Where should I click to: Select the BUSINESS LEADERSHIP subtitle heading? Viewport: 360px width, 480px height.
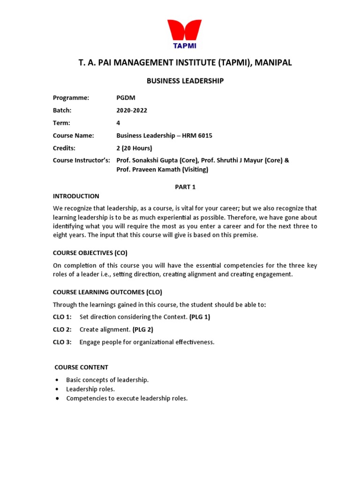(185, 81)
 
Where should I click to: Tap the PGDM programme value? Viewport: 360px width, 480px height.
(125, 97)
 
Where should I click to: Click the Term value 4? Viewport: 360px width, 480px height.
(118, 123)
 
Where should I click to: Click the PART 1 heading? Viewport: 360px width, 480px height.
(185, 187)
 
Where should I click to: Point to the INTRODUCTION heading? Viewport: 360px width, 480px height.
(76, 196)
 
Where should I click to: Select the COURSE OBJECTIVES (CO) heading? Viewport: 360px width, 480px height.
(90, 253)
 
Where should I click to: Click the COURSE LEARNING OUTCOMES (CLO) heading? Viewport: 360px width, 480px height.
(107, 292)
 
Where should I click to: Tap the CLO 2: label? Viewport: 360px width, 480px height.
(62, 330)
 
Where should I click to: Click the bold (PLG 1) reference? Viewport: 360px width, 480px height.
(200, 317)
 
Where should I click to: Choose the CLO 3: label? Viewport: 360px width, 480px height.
(62, 342)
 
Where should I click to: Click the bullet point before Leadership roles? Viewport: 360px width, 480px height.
(57, 389)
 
